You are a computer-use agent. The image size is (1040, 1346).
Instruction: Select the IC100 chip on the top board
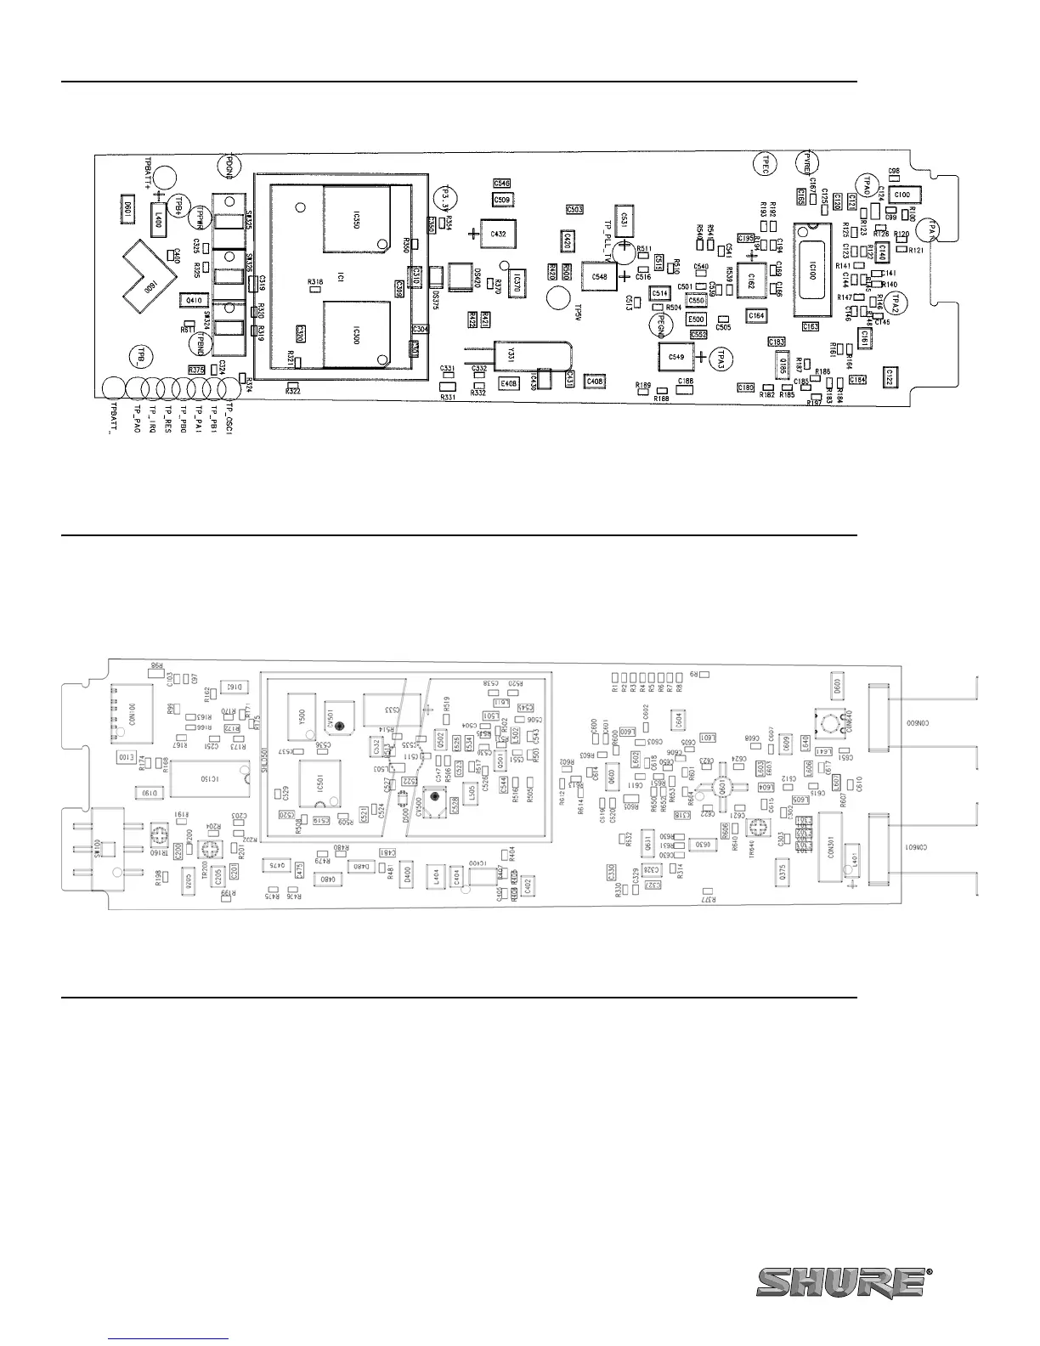(811, 270)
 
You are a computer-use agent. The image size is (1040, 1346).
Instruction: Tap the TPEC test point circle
(764, 163)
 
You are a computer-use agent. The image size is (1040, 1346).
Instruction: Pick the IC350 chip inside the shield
(355, 220)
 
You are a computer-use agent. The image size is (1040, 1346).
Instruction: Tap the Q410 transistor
(194, 300)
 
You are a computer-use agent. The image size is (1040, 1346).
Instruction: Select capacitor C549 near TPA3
(676, 357)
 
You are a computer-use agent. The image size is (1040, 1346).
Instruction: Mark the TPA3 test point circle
(722, 358)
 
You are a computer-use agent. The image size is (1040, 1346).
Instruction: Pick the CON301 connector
(830, 844)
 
